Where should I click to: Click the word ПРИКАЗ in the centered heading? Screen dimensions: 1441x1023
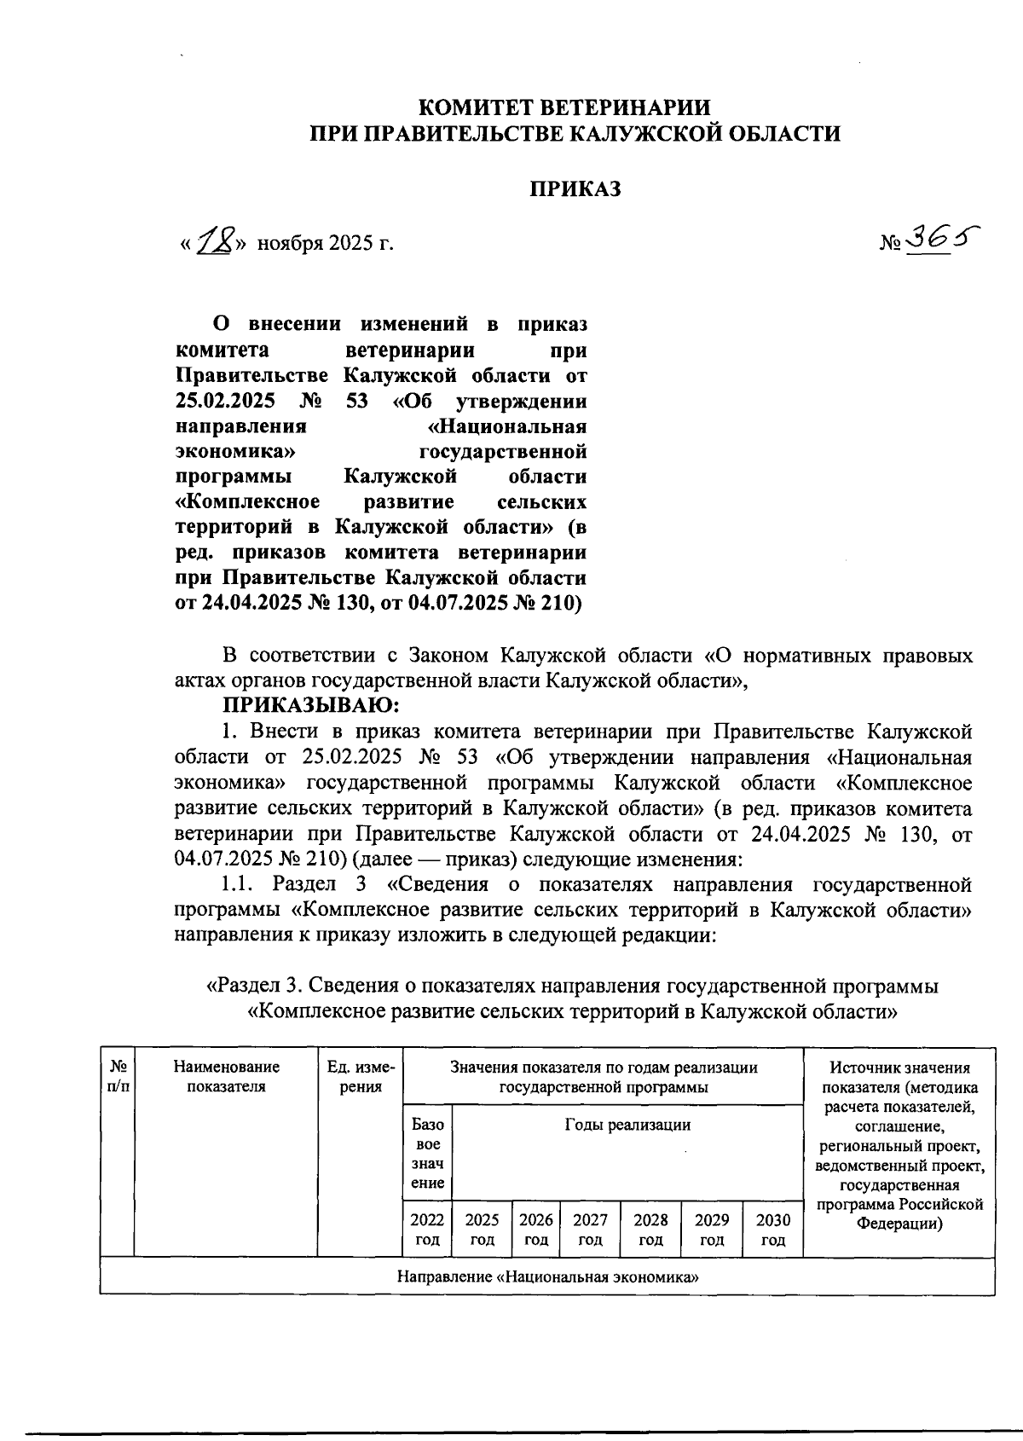[x=576, y=188]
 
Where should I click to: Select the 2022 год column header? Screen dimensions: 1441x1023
[x=427, y=1229]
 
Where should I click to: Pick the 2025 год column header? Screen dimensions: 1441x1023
[x=482, y=1229]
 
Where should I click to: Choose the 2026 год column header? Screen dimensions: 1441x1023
[x=536, y=1229]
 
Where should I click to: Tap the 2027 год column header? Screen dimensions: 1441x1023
[x=590, y=1229]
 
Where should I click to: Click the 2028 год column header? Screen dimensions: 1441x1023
[x=650, y=1229]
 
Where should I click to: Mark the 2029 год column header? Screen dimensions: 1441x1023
[x=712, y=1229]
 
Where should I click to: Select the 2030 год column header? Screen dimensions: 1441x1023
[x=772, y=1229]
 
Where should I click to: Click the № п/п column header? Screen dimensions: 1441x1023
[x=118, y=1076]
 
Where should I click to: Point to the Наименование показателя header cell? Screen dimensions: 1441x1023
[x=226, y=1076]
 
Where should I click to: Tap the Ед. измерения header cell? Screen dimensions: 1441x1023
[x=361, y=1076]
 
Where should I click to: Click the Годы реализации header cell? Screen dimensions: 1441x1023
[x=627, y=1125]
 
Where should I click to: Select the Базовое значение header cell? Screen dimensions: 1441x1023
[x=427, y=1153]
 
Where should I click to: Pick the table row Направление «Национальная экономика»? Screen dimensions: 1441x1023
[x=547, y=1276]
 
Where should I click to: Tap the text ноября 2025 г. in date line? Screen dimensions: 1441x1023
[x=327, y=244]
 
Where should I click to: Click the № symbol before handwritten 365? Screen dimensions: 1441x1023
[x=891, y=244]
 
